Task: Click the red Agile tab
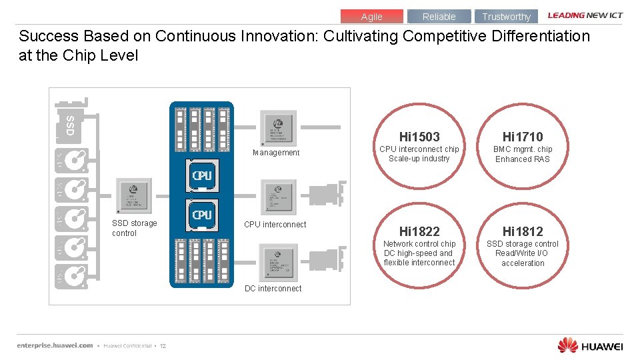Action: (371, 17)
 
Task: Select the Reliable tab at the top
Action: (439, 17)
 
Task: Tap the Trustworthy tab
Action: (506, 17)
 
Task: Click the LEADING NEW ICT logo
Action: (585, 15)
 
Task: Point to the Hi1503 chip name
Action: (419, 137)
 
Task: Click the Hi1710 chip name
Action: (523, 137)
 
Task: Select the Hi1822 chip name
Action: (419, 231)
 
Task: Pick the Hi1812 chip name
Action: (523, 231)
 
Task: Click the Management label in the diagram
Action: (276, 153)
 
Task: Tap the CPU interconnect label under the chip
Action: (275, 225)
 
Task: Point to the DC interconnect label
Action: (273, 289)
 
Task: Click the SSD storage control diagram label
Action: (134, 228)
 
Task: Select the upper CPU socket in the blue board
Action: (202, 176)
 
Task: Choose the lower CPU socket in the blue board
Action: (202, 215)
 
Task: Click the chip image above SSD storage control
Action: (134, 195)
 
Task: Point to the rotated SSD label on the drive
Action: (70, 125)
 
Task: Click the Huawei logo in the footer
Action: (590, 345)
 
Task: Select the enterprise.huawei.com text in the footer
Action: (55, 345)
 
